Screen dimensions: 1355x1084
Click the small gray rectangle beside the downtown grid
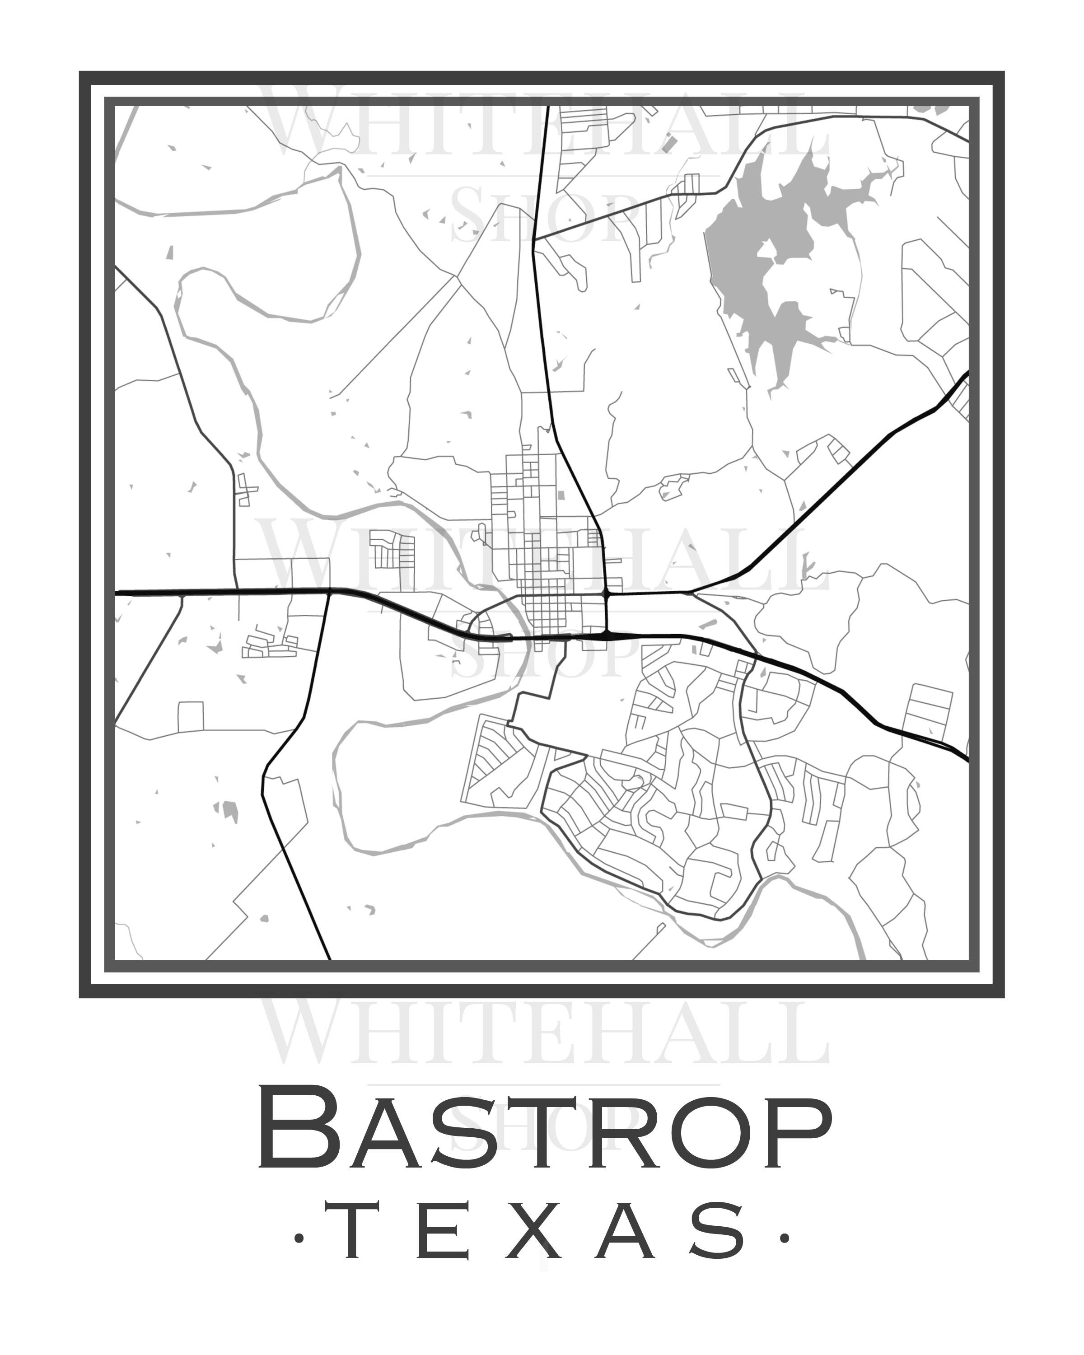(561, 495)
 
